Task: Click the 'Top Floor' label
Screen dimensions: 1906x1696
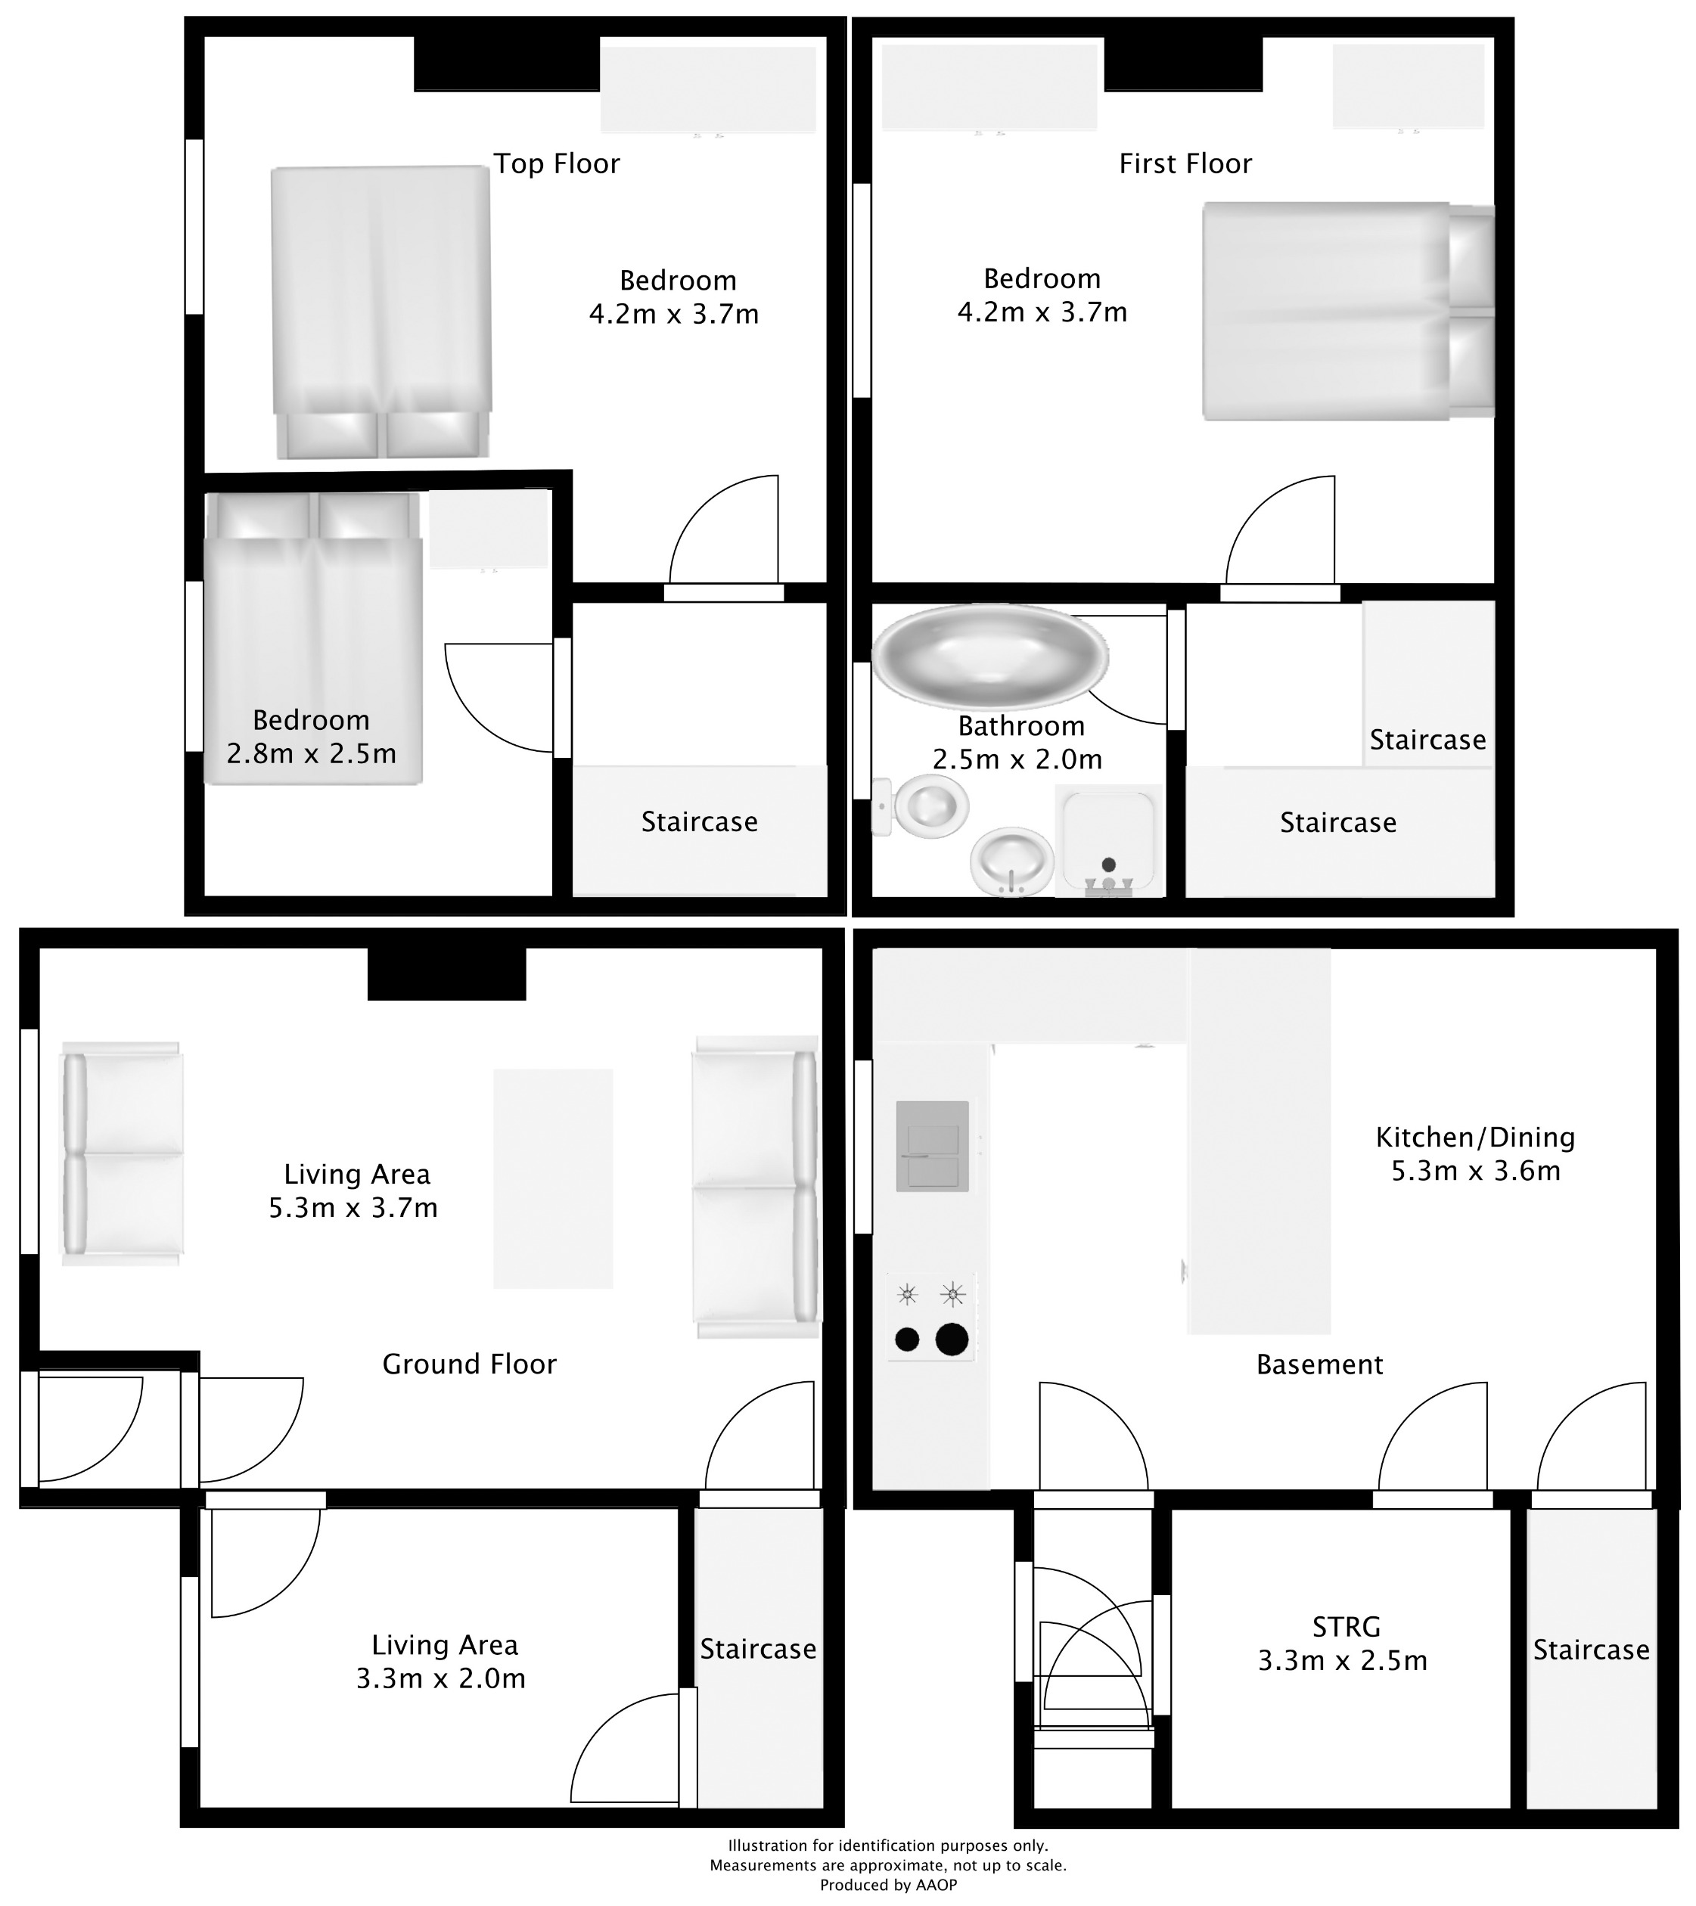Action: click(557, 164)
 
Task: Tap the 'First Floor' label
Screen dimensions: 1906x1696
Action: click(1185, 164)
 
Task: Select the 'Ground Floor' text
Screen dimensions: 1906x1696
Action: click(469, 1365)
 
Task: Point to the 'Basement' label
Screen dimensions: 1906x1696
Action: click(1319, 1365)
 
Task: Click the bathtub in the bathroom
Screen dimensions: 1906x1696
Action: click(990, 657)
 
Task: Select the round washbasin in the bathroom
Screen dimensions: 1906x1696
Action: click(1011, 861)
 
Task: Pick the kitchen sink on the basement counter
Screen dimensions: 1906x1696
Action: click(933, 1147)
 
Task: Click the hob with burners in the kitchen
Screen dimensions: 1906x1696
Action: click(930, 1318)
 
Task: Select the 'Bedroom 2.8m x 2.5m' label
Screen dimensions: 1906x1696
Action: click(312, 737)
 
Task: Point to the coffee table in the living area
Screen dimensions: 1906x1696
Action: click(553, 1178)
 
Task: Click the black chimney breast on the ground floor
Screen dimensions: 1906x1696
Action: click(446, 973)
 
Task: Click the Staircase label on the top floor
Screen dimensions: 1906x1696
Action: click(699, 822)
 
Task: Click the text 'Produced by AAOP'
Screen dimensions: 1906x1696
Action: click(887, 1886)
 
